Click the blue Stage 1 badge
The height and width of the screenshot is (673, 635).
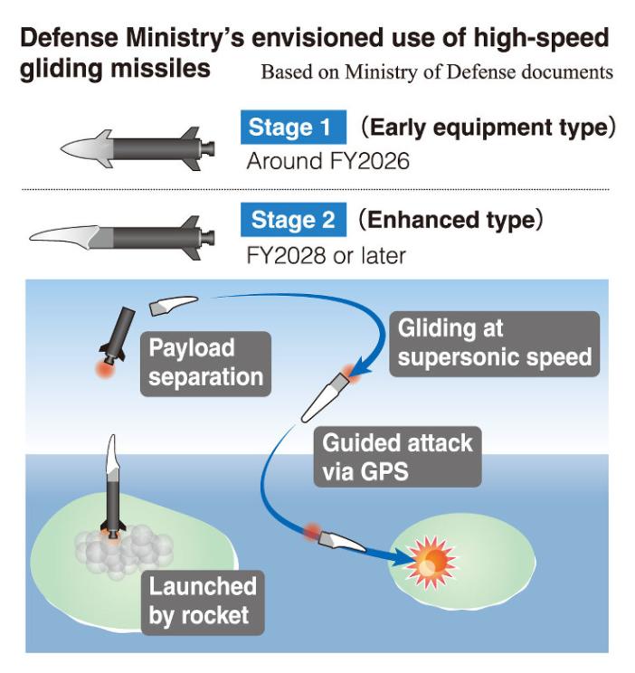(293, 128)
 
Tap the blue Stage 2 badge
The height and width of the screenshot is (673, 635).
(293, 220)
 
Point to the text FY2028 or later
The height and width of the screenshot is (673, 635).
(326, 255)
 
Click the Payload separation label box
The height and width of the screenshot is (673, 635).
(205, 362)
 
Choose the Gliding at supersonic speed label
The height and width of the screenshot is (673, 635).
(495, 342)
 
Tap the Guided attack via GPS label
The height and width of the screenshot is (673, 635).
(397, 458)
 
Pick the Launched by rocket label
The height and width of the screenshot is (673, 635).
(203, 602)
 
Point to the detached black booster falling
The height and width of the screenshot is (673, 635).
(118, 336)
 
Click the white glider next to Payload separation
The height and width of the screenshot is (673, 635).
(173, 306)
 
